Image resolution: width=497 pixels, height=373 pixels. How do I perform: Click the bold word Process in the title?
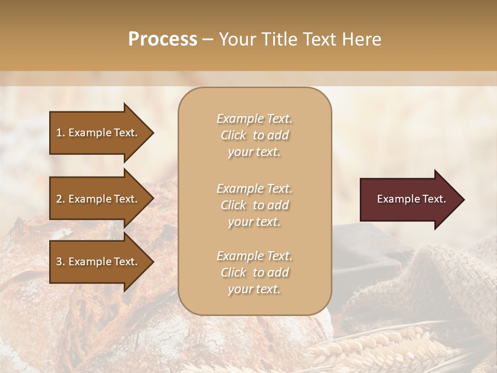pyautogui.click(x=163, y=39)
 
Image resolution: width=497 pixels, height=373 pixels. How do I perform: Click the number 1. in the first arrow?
pyautogui.click(x=61, y=133)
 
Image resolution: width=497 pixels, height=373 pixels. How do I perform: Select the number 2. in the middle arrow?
pyautogui.click(x=61, y=199)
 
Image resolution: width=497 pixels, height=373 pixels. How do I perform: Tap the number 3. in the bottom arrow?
pyautogui.click(x=61, y=262)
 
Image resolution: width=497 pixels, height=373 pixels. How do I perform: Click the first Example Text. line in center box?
pyautogui.click(x=254, y=119)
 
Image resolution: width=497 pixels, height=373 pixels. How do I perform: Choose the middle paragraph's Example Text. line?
pyautogui.click(x=254, y=189)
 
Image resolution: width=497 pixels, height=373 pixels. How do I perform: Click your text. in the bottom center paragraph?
pyautogui.click(x=254, y=289)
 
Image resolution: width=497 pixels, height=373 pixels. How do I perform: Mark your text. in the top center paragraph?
pyautogui.click(x=254, y=152)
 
